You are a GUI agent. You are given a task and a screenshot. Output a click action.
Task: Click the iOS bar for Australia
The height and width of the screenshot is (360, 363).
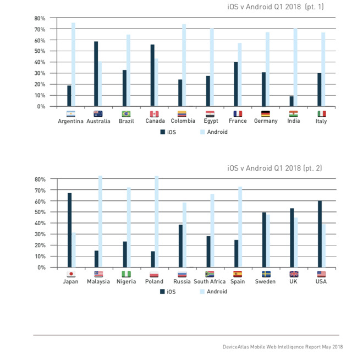coord(96,74)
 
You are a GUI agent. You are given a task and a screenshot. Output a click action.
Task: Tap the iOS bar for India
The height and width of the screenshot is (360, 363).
coord(291,101)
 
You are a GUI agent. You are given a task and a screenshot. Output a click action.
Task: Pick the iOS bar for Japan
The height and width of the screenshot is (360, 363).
coord(69,230)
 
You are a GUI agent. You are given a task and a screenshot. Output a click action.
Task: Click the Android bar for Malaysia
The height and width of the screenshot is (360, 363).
coord(100,222)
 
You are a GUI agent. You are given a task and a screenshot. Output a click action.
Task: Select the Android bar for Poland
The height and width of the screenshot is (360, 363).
coord(157,222)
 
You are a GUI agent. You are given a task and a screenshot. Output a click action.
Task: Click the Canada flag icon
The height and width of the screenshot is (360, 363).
coord(154,114)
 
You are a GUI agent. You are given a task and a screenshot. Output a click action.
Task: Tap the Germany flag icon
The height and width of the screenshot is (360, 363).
coord(266,114)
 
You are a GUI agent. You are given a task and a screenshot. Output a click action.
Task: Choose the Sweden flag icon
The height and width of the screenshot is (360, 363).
coord(266,274)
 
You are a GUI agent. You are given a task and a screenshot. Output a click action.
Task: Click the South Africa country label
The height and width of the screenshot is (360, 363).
coord(210,282)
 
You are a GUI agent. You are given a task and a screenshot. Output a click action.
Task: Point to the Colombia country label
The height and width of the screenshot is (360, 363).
coord(183,121)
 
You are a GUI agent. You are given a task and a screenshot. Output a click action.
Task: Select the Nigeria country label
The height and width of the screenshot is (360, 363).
coord(126,282)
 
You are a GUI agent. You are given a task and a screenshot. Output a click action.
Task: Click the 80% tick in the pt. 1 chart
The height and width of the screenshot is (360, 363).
coord(39,18)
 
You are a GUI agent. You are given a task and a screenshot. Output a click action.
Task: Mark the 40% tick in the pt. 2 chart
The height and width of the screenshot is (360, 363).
coord(39,223)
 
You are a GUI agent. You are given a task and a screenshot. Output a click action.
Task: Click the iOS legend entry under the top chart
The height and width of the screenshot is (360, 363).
coord(168,132)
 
